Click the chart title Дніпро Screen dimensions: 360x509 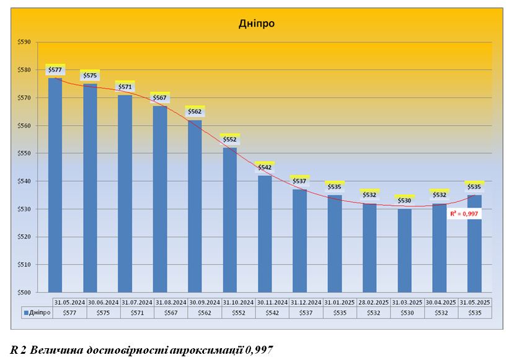point(257,24)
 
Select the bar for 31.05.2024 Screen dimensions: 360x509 point(55,186)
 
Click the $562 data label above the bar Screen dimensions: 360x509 point(195,112)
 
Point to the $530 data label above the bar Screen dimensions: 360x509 point(404,200)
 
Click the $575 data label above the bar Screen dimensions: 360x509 point(90,76)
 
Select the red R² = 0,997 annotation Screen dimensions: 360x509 point(464,213)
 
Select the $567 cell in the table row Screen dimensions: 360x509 point(170,313)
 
